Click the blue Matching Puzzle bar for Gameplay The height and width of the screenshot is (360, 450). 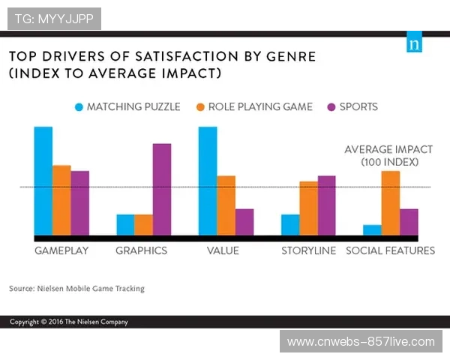coord(43,181)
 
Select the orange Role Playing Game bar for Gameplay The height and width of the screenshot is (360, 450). coord(61,200)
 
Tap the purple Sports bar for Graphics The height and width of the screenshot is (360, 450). coord(161,189)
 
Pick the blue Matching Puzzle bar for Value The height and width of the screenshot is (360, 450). coord(208,181)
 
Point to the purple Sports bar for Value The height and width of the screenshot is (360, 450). coord(244,222)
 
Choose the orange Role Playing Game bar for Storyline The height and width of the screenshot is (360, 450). coord(308,208)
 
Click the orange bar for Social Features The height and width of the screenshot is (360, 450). coord(390,203)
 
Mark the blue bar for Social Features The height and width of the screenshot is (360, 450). coord(372,230)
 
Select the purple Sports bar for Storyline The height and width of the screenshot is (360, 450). coord(327,205)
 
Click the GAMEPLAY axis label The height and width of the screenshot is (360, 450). coord(61,250)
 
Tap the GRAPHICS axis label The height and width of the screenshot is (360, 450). coord(141,250)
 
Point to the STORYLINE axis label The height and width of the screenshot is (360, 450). coord(308,250)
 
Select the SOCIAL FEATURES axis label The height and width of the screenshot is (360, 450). coord(390,250)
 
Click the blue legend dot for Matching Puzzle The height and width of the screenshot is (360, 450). coord(79,106)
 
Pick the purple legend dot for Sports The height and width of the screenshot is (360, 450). coord(332,106)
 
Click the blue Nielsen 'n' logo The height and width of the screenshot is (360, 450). coord(414,42)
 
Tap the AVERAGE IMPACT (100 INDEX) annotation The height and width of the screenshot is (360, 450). coord(389,155)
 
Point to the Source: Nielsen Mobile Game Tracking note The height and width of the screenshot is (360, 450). coord(76,288)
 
